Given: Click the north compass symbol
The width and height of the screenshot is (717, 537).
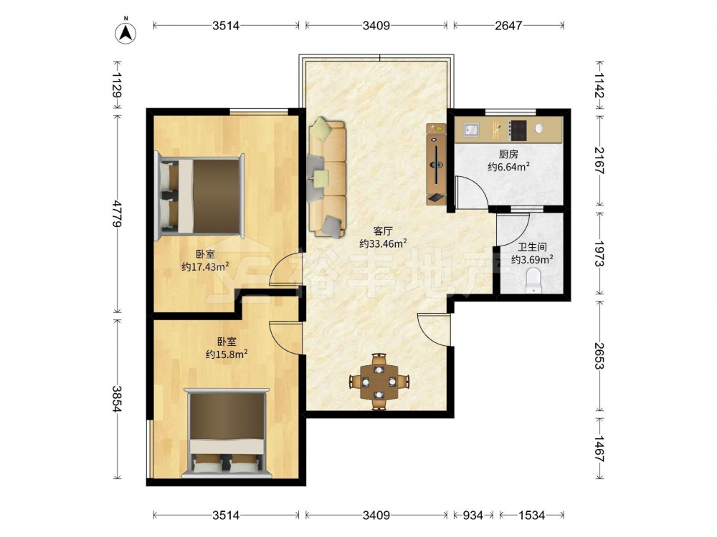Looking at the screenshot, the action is click(125, 32).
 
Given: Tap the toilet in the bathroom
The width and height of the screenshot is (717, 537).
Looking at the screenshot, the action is click(533, 281).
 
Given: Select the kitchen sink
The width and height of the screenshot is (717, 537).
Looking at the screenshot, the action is click(471, 130).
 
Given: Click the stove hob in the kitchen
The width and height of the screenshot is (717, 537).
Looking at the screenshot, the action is click(519, 130).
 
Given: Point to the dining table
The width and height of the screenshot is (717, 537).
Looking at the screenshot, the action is click(379, 381).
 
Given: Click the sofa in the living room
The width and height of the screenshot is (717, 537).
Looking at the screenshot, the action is click(327, 178).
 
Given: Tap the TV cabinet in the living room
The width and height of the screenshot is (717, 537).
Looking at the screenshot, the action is click(436, 164).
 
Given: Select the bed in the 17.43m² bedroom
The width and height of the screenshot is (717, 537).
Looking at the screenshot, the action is click(200, 196).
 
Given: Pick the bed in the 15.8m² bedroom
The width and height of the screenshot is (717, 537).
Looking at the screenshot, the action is click(227, 432).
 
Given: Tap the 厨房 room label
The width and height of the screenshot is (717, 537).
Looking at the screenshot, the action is click(508, 155).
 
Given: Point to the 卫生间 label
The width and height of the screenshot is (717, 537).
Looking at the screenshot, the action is click(532, 247).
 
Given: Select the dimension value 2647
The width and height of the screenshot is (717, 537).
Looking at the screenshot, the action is click(508, 26).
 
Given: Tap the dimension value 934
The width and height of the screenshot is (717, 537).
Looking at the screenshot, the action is click(473, 515).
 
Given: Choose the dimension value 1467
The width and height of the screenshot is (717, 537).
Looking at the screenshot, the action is click(599, 449).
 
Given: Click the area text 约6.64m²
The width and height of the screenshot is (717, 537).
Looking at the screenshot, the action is click(508, 167).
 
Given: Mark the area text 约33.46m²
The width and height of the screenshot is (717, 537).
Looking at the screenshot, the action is click(383, 243).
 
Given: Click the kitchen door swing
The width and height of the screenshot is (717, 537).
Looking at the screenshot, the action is click(473, 192).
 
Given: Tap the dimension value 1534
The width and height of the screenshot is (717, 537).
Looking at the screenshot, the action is click(531, 515).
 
